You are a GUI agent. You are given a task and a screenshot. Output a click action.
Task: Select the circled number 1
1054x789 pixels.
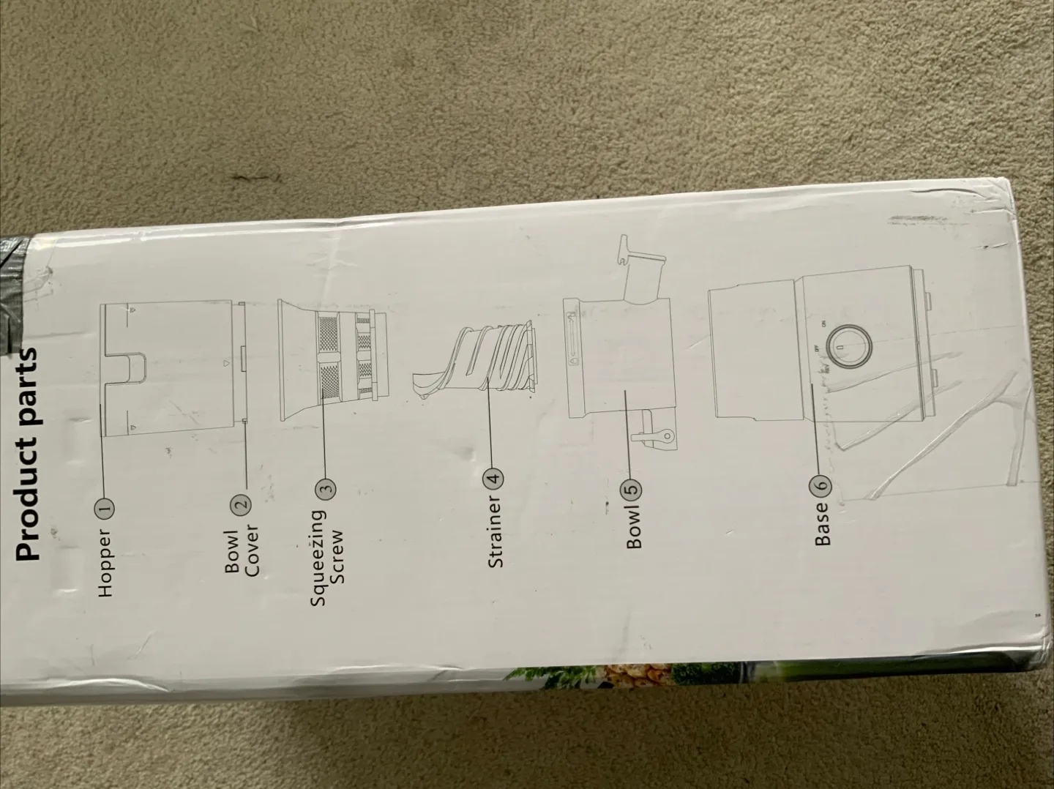(106, 506)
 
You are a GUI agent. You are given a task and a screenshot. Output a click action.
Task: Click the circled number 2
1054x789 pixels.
(242, 504)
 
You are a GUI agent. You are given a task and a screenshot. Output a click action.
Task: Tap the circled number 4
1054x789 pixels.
(495, 478)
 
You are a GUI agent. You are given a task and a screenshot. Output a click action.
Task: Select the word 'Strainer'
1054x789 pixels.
(495, 531)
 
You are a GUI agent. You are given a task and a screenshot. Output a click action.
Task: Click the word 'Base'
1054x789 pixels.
(823, 525)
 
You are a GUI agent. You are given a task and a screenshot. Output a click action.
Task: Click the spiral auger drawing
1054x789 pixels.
(474, 359)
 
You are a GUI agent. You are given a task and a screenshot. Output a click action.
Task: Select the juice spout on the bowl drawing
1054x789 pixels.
(643, 260)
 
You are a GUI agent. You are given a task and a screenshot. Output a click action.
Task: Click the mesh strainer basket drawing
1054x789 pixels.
(334, 361)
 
